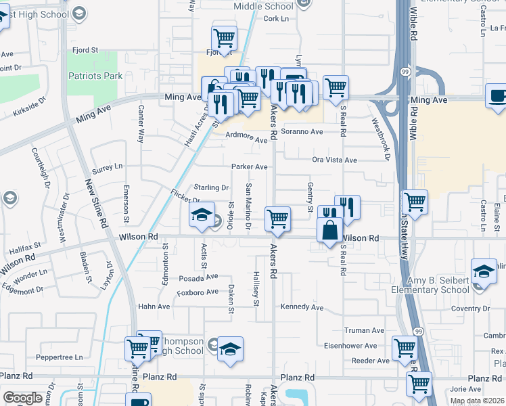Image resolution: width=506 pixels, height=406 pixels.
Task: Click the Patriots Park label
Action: [95, 76]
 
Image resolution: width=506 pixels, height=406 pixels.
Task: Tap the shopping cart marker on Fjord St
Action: [224, 38]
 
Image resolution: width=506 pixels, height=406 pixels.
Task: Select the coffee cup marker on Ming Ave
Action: [497, 97]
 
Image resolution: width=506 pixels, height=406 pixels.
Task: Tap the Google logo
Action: [22, 398]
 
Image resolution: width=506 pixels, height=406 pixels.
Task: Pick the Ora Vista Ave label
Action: [334, 160]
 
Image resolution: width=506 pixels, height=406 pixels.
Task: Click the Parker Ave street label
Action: [250, 166]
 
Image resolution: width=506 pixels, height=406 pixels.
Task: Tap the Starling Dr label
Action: [211, 187]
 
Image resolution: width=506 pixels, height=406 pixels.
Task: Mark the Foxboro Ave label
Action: [198, 292]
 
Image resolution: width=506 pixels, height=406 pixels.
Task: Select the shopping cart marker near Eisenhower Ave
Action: [405, 348]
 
